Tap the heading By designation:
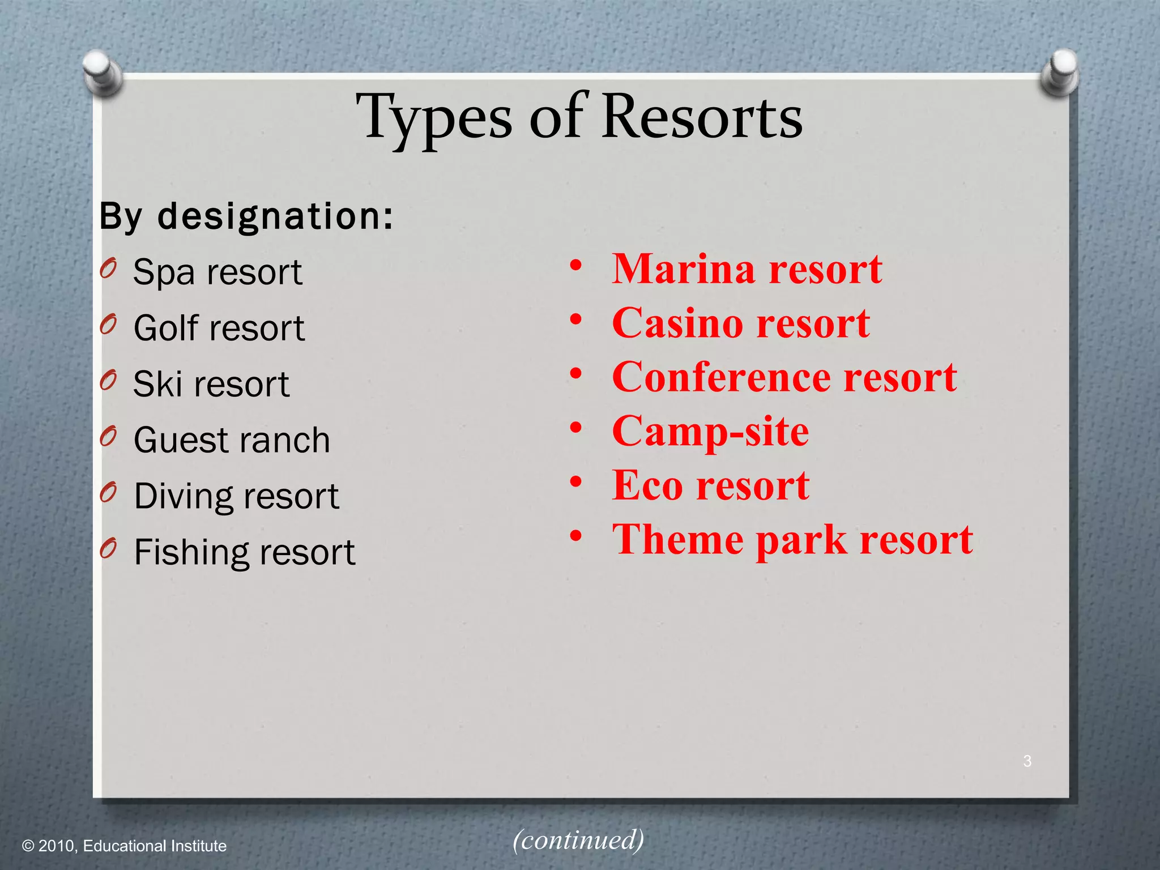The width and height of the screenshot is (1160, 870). pyautogui.click(x=246, y=216)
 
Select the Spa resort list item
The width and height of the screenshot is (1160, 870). pyautogui.click(x=217, y=272)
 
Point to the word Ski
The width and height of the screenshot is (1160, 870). pyautogui.click(x=157, y=384)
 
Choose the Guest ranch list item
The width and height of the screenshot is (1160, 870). pyautogui.click(x=232, y=440)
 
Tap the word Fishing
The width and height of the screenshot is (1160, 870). pyautogui.click(x=189, y=552)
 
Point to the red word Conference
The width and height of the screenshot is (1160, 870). pyautogui.click(x=720, y=377)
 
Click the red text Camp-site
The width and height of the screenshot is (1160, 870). pyautogui.click(x=710, y=432)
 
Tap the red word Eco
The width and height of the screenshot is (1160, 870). pyautogui.click(x=647, y=485)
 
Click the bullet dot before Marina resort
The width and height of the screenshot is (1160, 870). pyautogui.click(x=575, y=265)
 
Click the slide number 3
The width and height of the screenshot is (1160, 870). pyautogui.click(x=1027, y=761)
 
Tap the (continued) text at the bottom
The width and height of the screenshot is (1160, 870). pyautogui.click(x=578, y=839)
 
